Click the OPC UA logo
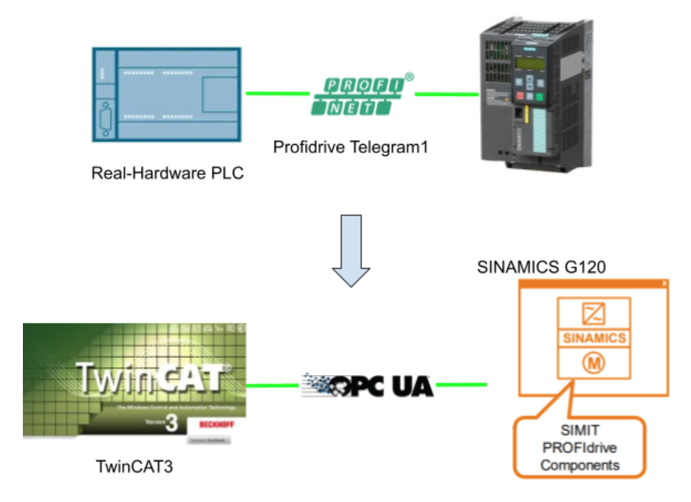tap(368, 385)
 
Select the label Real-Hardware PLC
tap(167, 173)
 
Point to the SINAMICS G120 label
tap(541, 267)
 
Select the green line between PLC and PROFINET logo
tap(277, 93)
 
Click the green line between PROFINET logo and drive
tap(446, 94)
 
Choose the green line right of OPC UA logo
tap(461, 385)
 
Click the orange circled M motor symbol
tap(594, 363)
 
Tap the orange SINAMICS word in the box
tap(594, 338)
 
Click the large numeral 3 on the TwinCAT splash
tap(173, 424)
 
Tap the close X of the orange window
tap(664, 283)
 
